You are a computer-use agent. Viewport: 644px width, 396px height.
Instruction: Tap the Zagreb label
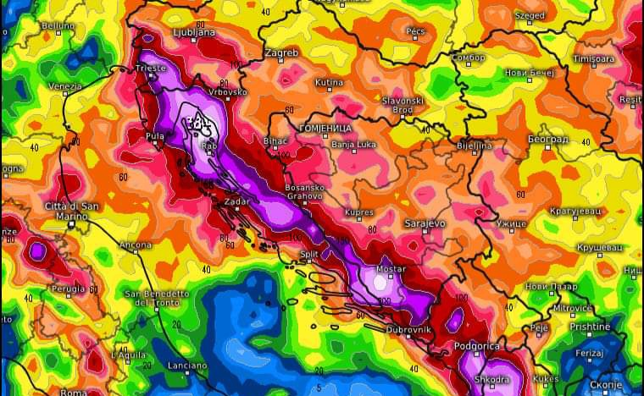pyautogui.click(x=281, y=52)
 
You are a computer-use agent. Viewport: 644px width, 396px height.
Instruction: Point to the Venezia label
pyautogui.click(x=65, y=85)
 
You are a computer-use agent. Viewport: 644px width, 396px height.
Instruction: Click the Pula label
pyautogui.click(x=156, y=135)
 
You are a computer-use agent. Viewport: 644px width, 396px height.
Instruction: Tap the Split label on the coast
pyautogui.click(x=309, y=253)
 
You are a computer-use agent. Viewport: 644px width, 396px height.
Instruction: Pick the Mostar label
pyautogui.click(x=391, y=268)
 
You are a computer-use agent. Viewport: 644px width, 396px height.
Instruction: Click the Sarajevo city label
pyautogui.click(x=424, y=223)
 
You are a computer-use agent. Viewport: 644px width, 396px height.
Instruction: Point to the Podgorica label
pyautogui.click(x=477, y=345)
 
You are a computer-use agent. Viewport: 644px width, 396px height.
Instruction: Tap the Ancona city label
pyautogui.click(x=136, y=245)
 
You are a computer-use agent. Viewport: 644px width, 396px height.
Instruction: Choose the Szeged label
pyautogui.click(x=530, y=15)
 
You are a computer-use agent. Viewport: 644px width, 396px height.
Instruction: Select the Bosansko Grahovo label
pyautogui.click(x=304, y=191)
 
